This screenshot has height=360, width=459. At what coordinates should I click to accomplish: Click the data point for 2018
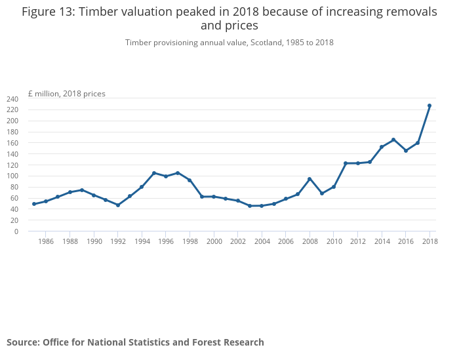429,106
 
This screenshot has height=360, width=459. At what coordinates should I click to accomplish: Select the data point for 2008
309,179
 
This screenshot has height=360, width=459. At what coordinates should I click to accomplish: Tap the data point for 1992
118,205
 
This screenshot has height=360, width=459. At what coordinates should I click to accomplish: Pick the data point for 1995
153,173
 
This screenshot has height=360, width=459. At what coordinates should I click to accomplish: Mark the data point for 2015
393,140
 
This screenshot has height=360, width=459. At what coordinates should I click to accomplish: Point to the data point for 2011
346,163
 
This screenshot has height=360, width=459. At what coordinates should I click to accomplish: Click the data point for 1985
34,204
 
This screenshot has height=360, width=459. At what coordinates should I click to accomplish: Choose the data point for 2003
250,206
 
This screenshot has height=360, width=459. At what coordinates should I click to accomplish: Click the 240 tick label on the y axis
12,99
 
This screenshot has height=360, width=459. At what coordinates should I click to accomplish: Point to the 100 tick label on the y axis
12,176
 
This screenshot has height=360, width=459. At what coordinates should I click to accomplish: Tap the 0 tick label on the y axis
16,231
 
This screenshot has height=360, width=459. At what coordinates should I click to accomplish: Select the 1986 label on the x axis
46,242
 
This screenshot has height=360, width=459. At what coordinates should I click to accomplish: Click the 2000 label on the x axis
214,242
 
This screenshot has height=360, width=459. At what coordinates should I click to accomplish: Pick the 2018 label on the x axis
429,242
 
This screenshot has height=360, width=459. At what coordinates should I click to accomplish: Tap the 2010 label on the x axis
334,242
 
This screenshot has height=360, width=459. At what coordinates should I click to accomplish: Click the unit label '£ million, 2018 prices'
66,94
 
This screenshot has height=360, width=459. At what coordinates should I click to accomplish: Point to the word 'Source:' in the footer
24,342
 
